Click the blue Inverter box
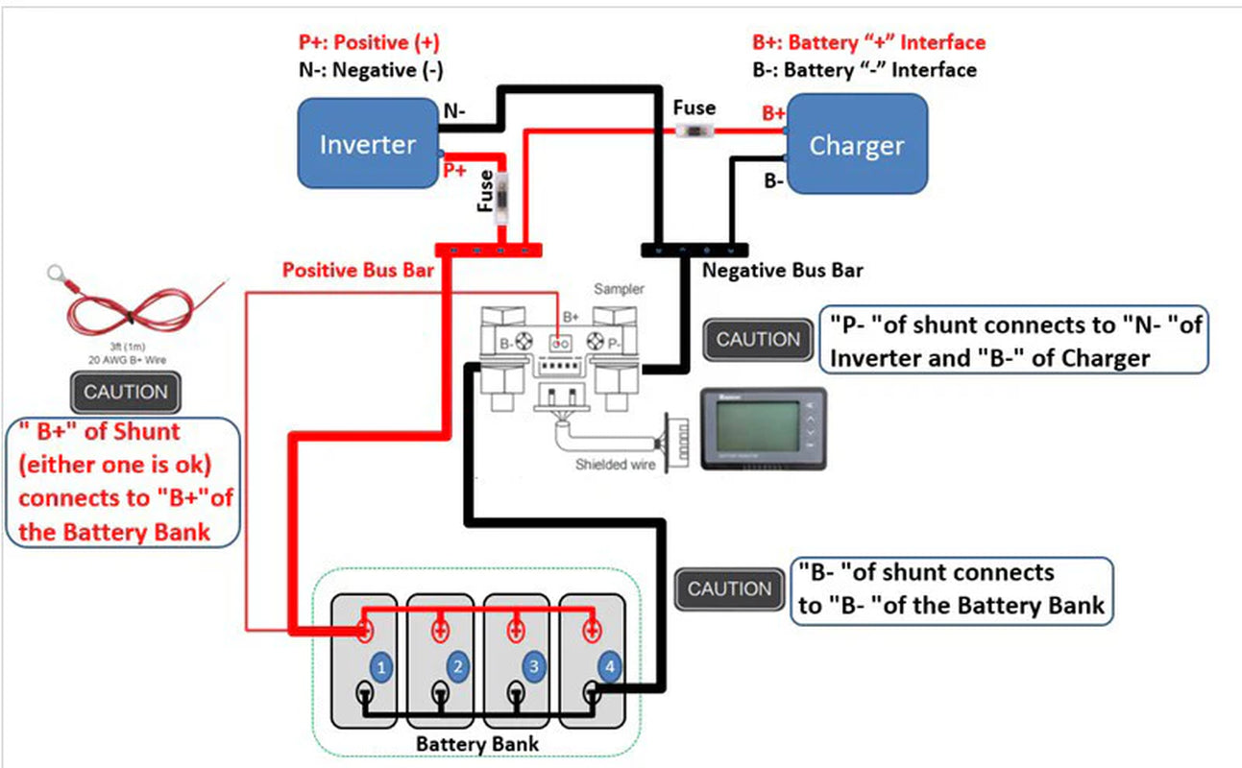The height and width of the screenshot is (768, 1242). pyautogui.click(x=367, y=145)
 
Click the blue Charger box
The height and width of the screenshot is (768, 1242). pyautogui.click(x=857, y=146)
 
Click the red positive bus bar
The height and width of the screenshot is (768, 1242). pyautogui.click(x=489, y=251)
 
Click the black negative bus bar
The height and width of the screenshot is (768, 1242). pyautogui.click(x=694, y=251)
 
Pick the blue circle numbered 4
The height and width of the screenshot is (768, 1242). pyautogui.click(x=608, y=666)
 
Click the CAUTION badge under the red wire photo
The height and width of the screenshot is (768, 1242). pyautogui.click(x=125, y=392)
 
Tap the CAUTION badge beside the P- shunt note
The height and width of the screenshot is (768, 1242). pyautogui.click(x=758, y=340)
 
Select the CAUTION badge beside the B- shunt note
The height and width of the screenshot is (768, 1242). pyautogui.click(x=729, y=589)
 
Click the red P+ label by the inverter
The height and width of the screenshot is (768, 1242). pyautogui.click(x=454, y=171)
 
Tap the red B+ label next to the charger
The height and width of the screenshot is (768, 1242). pyautogui.click(x=773, y=113)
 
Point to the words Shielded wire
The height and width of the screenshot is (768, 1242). pyautogui.click(x=616, y=465)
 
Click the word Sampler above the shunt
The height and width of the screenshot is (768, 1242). pyautogui.click(x=619, y=288)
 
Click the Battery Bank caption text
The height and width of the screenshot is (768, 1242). pyautogui.click(x=476, y=744)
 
